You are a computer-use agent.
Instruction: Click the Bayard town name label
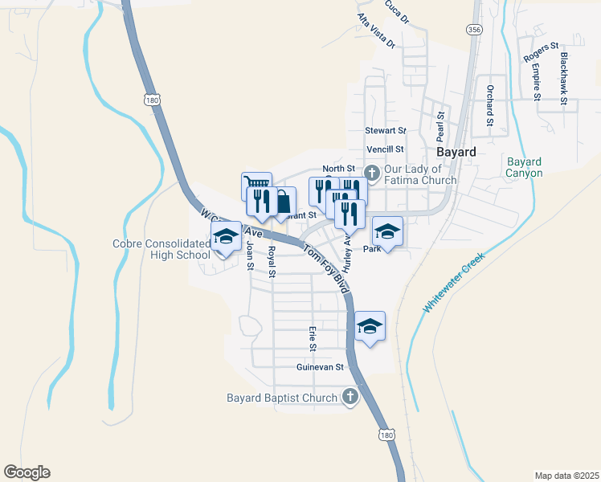click(x=457, y=151)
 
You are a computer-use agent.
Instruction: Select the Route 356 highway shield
click(x=473, y=29)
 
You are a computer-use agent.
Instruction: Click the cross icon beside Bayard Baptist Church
click(x=350, y=396)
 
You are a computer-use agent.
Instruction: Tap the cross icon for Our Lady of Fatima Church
click(x=372, y=173)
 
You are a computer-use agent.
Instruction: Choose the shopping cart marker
click(x=255, y=186)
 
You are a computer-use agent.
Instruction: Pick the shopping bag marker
click(x=284, y=201)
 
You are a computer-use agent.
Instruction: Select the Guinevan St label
click(x=320, y=367)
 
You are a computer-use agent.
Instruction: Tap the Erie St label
click(x=313, y=338)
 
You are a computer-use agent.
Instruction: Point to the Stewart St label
click(x=386, y=130)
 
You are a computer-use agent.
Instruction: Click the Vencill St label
click(x=385, y=149)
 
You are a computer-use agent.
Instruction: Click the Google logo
click(x=27, y=472)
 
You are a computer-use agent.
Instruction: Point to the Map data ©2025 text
click(x=566, y=476)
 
